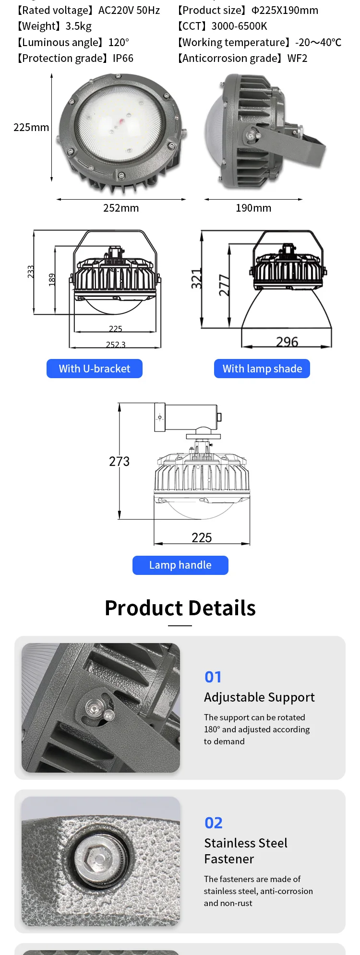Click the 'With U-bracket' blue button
tap(95, 369)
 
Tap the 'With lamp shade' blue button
tap(262, 369)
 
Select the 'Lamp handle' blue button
tap(180, 565)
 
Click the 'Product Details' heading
tap(180, 608)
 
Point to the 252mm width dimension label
tap(121, 208)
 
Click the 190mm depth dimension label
tap(253, 208)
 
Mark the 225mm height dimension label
tap(31, 127)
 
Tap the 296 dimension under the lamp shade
tap(287, 342)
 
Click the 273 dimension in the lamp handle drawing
tap(119, 461)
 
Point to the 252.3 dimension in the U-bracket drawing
tap(116, 344)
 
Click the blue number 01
tap(213, 677)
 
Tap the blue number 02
tap(214, 823)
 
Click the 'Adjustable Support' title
tap(259, 697)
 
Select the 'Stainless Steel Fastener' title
tap(246, 851)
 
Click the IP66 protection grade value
tap(123, 58)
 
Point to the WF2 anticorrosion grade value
tap(297, 58)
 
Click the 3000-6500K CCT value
tap(239, 26)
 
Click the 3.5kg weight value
tap(78, 26)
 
